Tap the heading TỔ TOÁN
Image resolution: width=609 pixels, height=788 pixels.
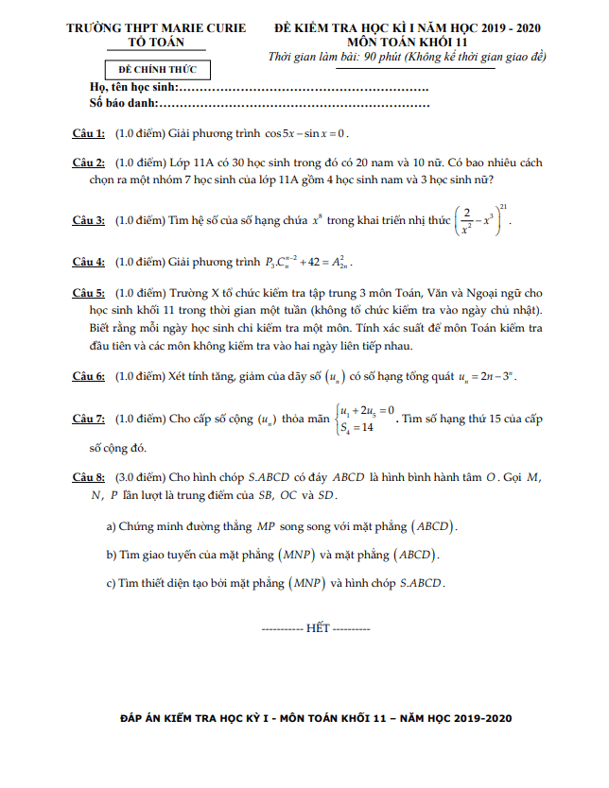point(156,43)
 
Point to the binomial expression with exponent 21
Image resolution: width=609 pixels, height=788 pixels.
point(482,219)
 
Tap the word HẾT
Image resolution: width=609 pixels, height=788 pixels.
point(316,627)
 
